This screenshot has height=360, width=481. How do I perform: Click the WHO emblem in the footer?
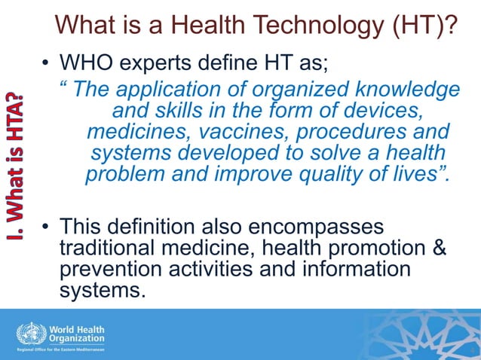[x=30, y=334]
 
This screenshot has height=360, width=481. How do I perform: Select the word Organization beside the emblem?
[x=77, y=339]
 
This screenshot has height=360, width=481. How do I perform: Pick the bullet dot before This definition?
[x=46, y=227]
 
